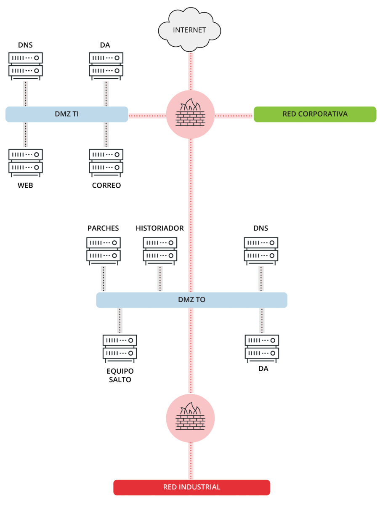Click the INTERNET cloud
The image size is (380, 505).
[190, 30]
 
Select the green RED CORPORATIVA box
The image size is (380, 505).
[315, 114]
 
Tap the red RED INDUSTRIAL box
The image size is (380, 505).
[191, 487]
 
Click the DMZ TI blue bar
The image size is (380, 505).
[66, 114]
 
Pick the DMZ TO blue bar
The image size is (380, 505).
[191, 300]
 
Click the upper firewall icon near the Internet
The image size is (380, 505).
[191, 114]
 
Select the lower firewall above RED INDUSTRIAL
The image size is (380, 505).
[191, 418]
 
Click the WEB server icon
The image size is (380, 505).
[26, 162]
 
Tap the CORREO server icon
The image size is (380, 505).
[106, 162]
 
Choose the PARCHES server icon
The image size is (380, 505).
[104, 250]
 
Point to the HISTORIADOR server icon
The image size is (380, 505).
[160, 250]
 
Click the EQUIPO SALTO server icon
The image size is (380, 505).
[120, 348]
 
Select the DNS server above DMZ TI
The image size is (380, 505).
[26, 65]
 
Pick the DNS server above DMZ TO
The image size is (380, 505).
[261, 250]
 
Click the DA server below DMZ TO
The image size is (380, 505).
[262, 348]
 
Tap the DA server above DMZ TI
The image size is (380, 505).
[106, 65]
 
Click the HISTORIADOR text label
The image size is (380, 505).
[159, 228]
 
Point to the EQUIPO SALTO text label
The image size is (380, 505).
[120, 375]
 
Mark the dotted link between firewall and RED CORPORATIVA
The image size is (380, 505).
[234, 114]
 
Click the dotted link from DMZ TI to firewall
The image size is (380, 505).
[147, 114]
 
